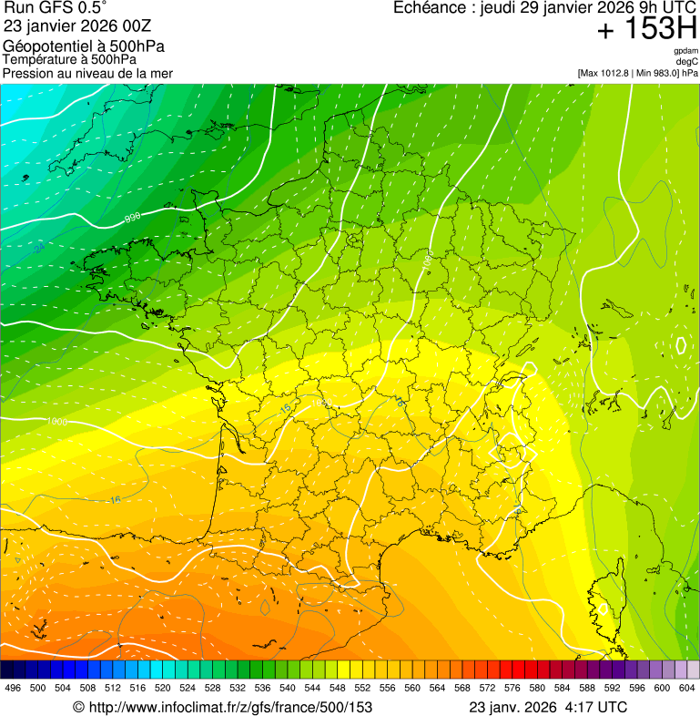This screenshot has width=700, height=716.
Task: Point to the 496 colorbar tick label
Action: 13,688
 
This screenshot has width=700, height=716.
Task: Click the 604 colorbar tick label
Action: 687,688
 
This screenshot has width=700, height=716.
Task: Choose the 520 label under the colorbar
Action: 163,688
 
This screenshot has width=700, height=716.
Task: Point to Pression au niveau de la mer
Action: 87,73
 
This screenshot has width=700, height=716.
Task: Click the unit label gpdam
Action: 686,51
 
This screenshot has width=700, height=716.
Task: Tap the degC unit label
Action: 688,62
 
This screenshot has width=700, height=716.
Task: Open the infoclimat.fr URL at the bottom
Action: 223,707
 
